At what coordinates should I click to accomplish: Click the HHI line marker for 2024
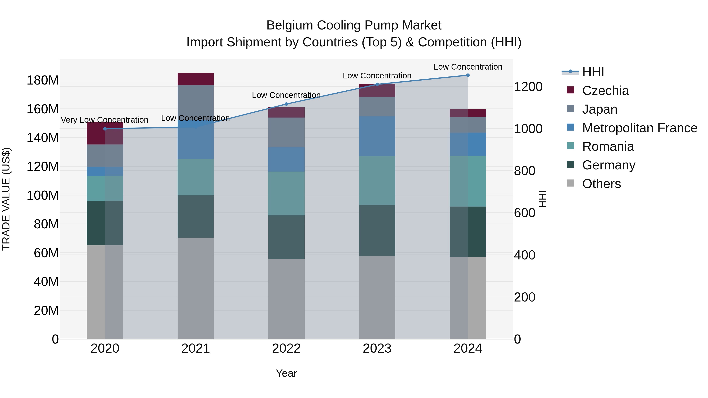coord(468,75)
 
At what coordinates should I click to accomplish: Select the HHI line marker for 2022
coord(286,104)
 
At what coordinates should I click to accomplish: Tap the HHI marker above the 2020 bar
coord(105,129)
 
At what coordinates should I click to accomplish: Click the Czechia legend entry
coord(605,91)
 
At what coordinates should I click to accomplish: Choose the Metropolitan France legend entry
coord(639,128)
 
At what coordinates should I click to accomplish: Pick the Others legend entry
coord(601,184)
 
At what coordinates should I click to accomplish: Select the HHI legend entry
coord(593,72)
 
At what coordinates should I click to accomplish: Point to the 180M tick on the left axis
coord(43,80)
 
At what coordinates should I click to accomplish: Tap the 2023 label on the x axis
coord(377,348)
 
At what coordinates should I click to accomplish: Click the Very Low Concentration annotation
coord(104,120)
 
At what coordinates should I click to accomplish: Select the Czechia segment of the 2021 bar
coord(196,79)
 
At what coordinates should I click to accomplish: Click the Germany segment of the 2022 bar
coord(286,237)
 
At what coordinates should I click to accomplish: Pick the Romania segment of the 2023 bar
coord(377,180)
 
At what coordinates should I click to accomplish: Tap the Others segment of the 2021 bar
coord(196,288)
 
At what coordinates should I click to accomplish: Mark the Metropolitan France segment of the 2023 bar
coord(377,136)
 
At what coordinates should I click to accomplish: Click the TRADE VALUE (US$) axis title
coord(6,199)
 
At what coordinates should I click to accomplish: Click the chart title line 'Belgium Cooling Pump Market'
coord(354,25)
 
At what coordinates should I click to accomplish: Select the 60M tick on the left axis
coord(46,253)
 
